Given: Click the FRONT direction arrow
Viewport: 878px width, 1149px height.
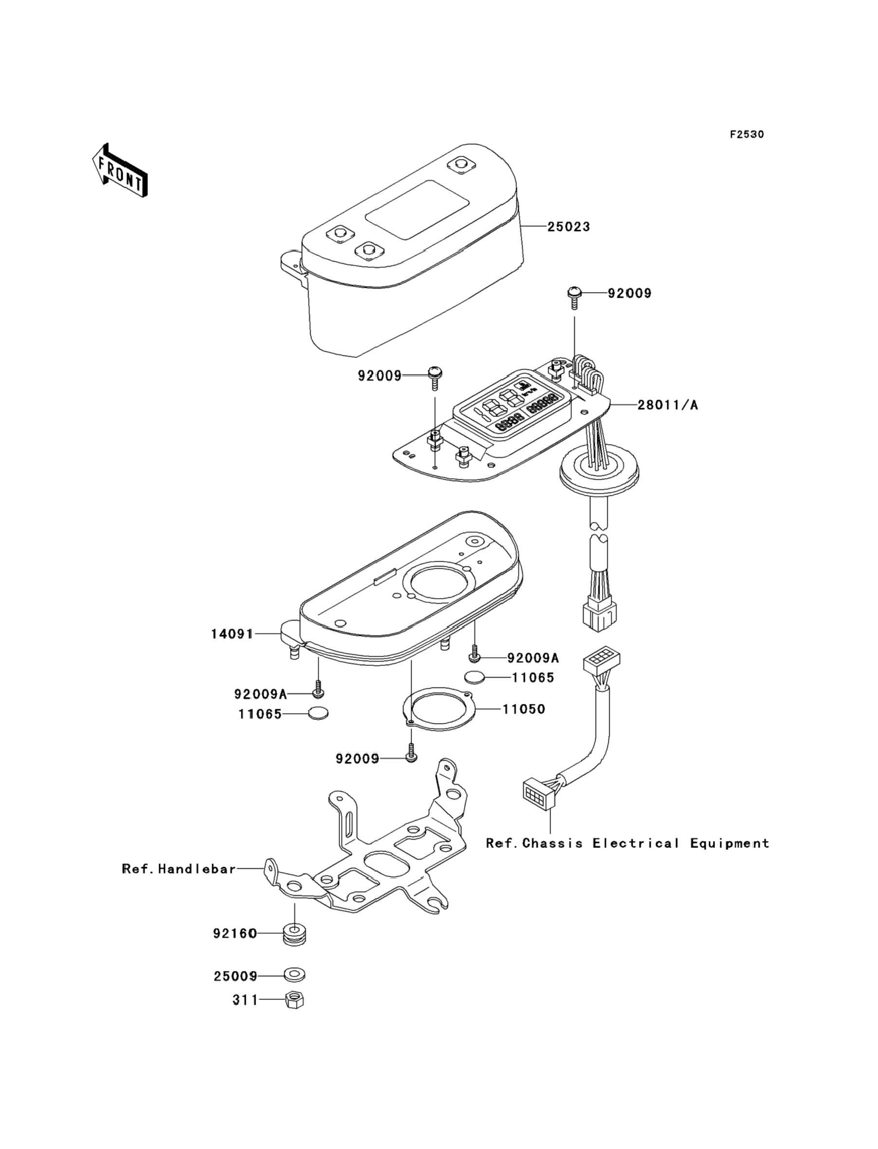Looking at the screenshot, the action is pyautogui.click(x=119, y=170).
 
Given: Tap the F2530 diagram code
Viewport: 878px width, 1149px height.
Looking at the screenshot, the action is pyautogui.click(x=747, y=134).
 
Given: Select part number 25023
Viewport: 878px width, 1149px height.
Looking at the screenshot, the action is pyautogui.click(x=568, y=227).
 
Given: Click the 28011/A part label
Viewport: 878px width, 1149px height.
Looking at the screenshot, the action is pyautogui.click(x=667, y=405).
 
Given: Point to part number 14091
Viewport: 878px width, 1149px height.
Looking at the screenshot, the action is pyautogui.click(x=232, y=634).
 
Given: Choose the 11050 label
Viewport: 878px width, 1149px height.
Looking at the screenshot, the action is pyautogui.click(x=524, y=709).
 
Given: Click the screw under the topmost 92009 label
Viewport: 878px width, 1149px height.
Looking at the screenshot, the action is pyautogui.click(x=574, y=298).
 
